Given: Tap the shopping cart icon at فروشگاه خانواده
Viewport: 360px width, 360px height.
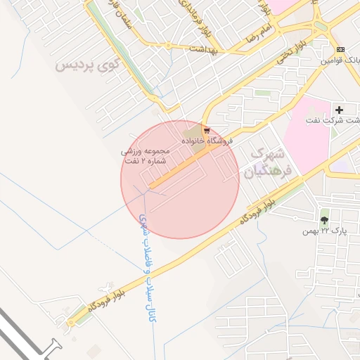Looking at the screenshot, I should pyautogui.click(x=206, y=130).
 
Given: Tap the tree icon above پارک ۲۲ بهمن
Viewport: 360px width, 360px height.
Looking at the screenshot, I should pyautogui.click(x=324, y=220).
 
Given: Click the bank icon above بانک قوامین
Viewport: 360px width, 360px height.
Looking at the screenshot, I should pyautogui.click(x=340, y=49).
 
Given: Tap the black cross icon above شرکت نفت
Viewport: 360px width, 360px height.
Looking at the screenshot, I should pyautogui.click(x=339, y=110).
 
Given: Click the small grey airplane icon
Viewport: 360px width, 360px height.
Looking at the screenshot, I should pyautogui.click(x=105, y=286).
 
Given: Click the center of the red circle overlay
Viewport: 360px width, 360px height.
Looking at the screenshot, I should pyautogui.click(x=179, y=179).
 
